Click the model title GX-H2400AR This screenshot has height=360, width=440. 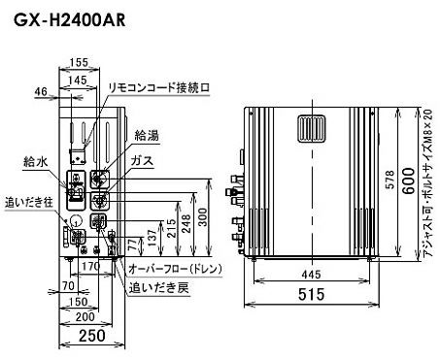pos(69,20)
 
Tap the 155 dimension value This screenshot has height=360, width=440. pos(79,62)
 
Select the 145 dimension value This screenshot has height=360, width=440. pos(78,80)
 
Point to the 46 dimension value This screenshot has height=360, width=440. pos(41,91)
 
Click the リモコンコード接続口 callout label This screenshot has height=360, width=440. pos(159,87)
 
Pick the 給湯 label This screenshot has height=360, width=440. pos(147,136)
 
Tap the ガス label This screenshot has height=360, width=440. pos(142,160)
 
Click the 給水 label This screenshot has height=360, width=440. pos(36,161)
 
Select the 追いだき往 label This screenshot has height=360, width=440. pos(29,203)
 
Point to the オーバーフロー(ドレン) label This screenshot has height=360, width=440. pos(176,269)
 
